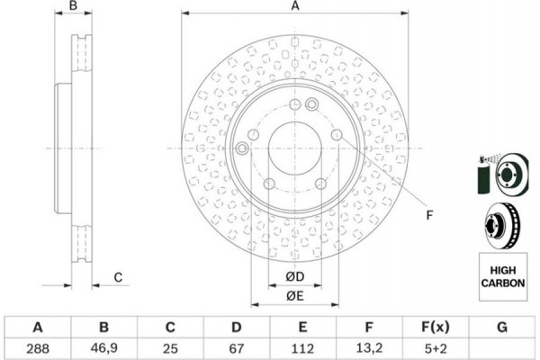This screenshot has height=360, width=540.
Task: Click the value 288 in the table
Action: coord(38,348)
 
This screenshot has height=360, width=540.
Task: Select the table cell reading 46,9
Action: coord(104,348)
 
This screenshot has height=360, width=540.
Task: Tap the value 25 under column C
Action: coord(170,348)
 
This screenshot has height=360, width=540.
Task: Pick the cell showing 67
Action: coord(237,348)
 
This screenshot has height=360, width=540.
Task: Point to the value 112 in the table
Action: coord(302,348)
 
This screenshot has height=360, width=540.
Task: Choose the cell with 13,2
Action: coord(369,348)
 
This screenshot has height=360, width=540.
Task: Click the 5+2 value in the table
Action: coord(436,348)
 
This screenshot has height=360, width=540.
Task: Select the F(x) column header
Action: coord(436,327)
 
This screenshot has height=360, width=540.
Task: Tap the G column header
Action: coord(502,327)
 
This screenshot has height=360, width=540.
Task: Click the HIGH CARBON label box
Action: coord(503,277)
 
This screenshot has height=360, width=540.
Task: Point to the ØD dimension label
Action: coord(295,276)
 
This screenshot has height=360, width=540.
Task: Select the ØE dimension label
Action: coord(295,295)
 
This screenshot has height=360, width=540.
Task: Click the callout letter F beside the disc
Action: coord(429,215)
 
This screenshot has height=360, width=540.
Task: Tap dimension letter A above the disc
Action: coord(295,6)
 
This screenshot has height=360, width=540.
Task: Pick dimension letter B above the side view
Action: coord(73,6)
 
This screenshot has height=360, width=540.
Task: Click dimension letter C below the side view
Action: coord(118,277)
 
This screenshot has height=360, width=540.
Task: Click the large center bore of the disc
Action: coord(295,148)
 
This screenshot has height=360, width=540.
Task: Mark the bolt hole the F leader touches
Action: coord(337,135)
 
